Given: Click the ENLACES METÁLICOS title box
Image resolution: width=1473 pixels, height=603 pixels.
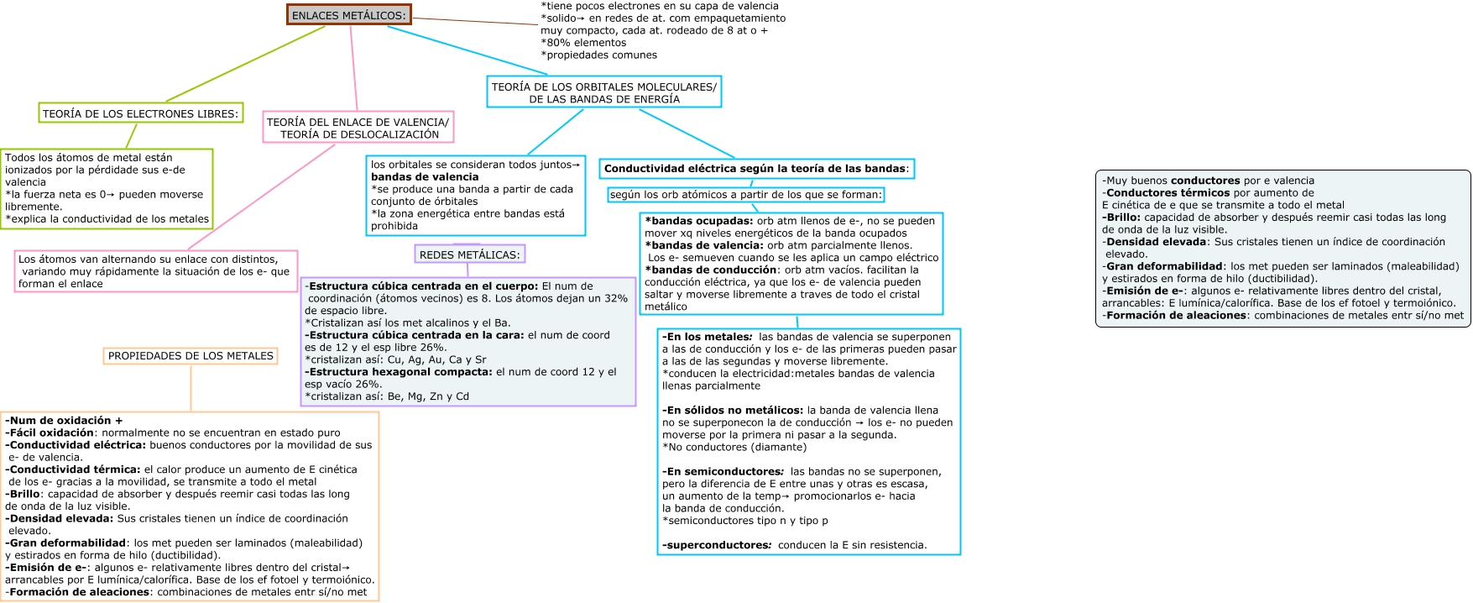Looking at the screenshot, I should coord(348,15).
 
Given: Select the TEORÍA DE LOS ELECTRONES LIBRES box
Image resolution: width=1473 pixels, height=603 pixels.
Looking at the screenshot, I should coord(140,113).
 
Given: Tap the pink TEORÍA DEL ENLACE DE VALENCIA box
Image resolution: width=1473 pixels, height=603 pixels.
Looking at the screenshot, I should coord(358,128).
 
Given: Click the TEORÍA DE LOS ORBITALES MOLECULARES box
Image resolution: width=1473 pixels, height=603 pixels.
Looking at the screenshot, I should coord(603,92).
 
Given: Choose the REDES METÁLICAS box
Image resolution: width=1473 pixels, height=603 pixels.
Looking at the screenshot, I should coord(469,254).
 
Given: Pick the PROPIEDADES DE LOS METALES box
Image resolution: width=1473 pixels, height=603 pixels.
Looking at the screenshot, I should coord(191,356).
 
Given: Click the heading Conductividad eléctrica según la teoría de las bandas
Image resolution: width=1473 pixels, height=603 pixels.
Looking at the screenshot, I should coord(755,169).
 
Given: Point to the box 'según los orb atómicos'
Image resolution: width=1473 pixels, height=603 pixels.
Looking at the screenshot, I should coord(745,195).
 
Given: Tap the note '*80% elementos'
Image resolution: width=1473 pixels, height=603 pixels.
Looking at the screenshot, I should coord(583,43).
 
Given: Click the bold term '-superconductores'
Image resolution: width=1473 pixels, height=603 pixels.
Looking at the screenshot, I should coord(716,545).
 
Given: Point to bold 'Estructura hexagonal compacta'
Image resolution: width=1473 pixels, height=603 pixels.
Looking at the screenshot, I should coord(400,372).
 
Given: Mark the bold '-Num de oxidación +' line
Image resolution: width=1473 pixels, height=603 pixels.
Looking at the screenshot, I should coord(64,421).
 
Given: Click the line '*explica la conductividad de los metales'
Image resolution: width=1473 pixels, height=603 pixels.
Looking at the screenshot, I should coord(107,219).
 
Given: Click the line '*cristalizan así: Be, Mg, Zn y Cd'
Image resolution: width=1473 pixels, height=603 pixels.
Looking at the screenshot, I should coord(387,396).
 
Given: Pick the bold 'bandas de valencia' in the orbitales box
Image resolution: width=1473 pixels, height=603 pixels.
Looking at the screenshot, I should coord(425,177).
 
